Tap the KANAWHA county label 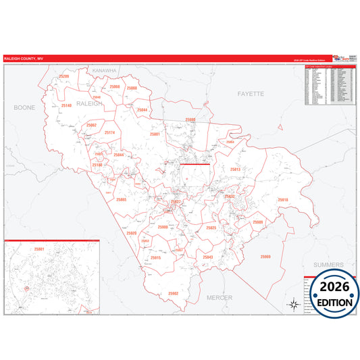[x=105, y=70]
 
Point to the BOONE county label [x=24, y=107]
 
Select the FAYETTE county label [x=250, y=94]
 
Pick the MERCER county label [x=219, y=297]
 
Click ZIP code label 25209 [x=63, y=77]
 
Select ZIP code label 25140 [x=66, y=106]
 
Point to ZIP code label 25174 [x=110, y=132]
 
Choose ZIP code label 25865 [x=121, y=199]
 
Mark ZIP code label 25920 [x=131, y=233]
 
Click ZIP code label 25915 [x=155, y=258]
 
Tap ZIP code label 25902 [x=173, y=294]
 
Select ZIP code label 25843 [x=207, y=257]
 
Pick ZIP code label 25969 [x=265, y=257]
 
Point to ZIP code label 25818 [x=282, y=200]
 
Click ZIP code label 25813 [x=235, y=170]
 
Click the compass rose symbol [x=293, y=303]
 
